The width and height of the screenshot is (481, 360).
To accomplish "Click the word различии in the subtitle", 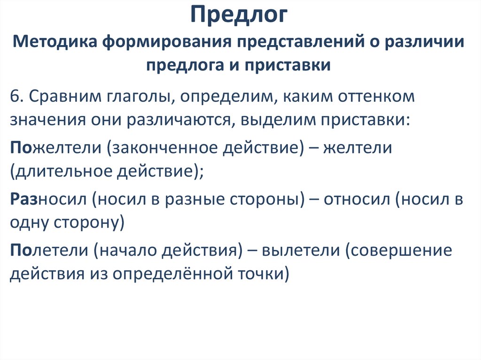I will tap(425, 43).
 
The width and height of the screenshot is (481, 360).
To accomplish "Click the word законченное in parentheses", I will tap(162, 148).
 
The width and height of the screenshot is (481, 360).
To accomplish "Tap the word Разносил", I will tap(48, 199).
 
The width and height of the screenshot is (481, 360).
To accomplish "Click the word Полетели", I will tap(48, 250).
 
